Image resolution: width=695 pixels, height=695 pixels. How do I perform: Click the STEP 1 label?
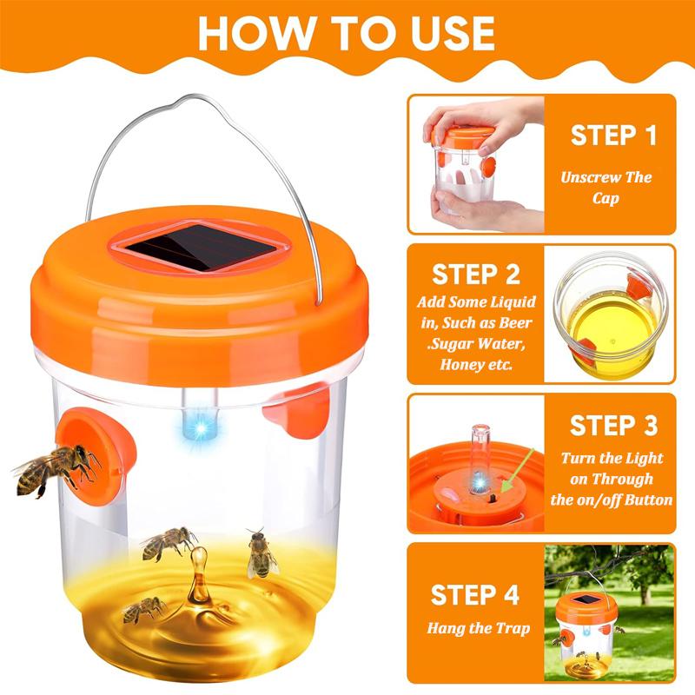(x=613, y=136)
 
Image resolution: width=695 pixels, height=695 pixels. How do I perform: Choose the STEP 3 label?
(x=613, y=426)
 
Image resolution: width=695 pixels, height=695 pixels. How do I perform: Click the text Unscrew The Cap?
(x=606, y=188)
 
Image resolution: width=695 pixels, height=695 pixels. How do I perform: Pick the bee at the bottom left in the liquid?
(x=143, y=611)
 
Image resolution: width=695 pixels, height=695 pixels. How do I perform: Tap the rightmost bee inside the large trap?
(x=260, y=553)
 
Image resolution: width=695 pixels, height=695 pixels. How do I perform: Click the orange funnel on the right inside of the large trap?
(x=301, y=409)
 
